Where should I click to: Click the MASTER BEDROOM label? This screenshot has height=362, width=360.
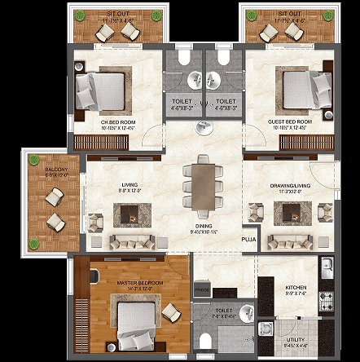pos(139,283)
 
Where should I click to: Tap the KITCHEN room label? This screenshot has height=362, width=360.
pos(295,288)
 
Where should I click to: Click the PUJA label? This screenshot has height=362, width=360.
pos(248,240)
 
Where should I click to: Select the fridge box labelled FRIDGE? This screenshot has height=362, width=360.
pos(201,289)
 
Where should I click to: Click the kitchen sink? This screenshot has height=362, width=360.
pos(326,267)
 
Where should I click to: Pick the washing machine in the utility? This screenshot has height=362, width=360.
pos(266,329)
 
